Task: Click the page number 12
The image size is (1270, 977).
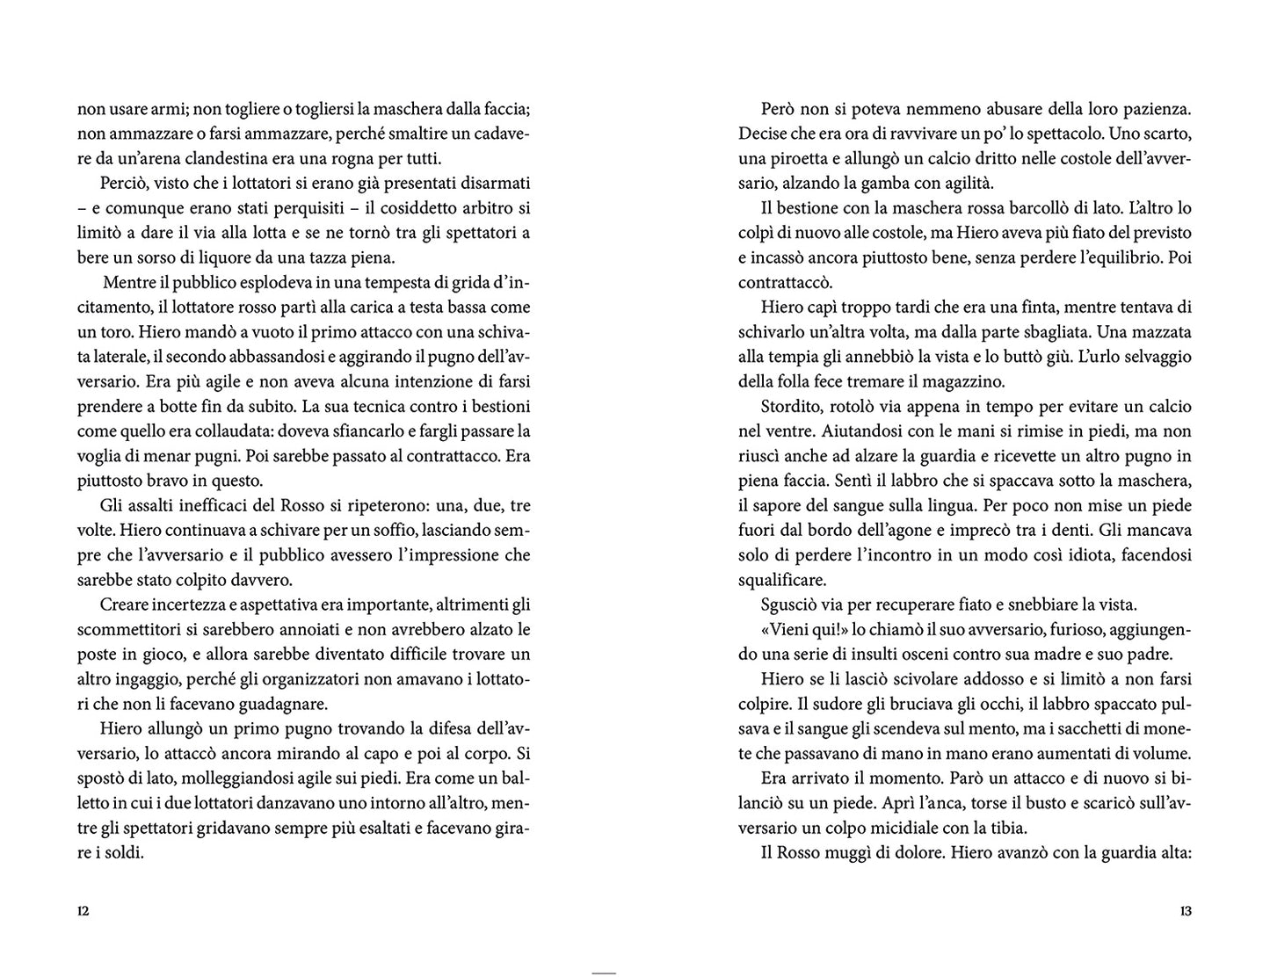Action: tap(83, 911)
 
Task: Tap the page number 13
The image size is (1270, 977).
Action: tap(1186, 911)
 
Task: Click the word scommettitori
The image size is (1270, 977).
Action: tap(127, 630)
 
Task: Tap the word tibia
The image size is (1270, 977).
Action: tap(1003, 828)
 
